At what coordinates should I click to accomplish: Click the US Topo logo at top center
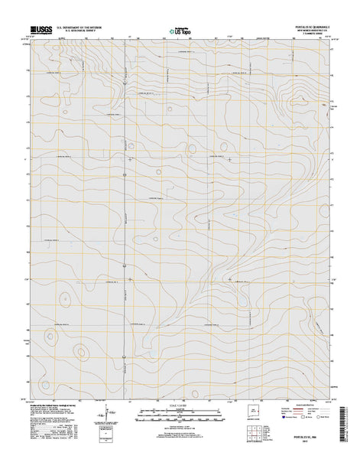point(179,32)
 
